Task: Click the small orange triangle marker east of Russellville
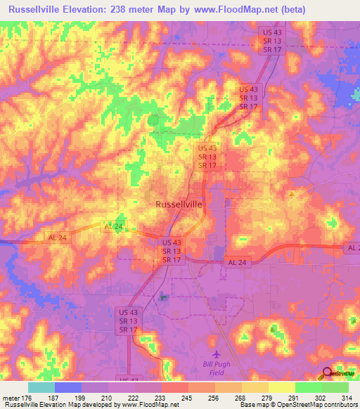(291, 193)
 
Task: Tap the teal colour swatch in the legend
(41, 387)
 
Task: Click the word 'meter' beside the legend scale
(11, 397)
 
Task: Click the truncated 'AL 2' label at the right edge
(352, 249)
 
